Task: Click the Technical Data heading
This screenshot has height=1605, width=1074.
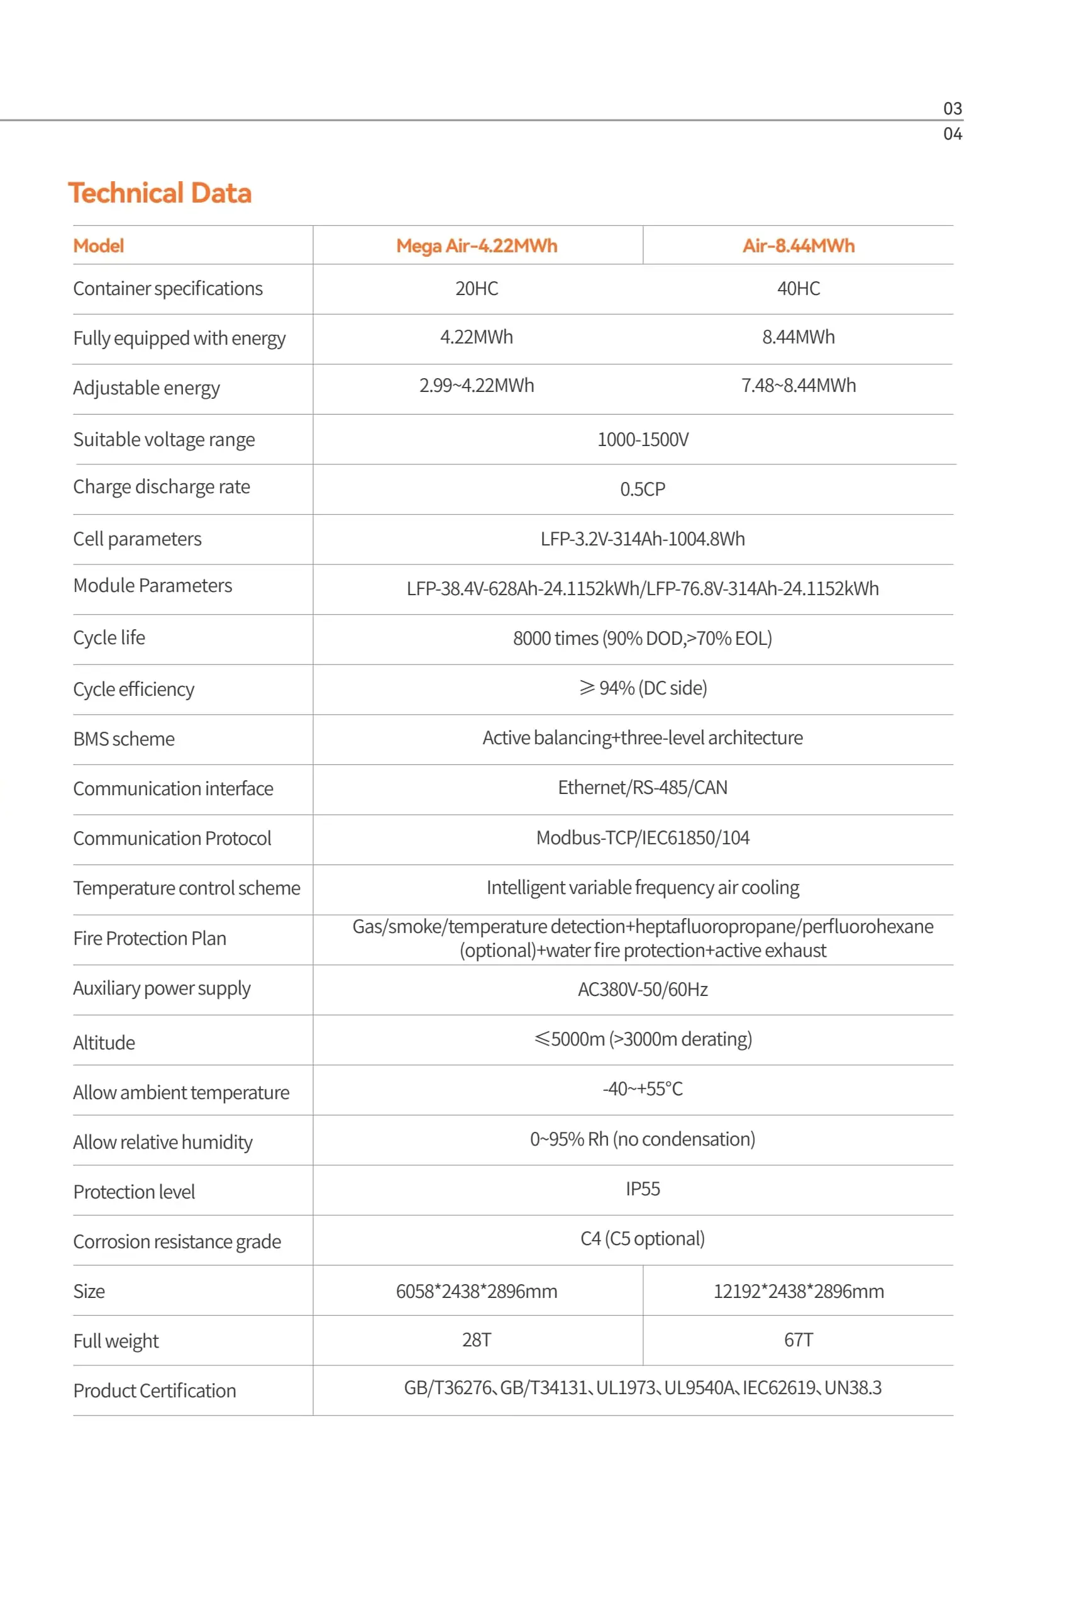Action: tap(160, 193)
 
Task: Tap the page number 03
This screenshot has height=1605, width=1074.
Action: tap(952, 109)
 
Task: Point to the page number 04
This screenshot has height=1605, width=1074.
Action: tap(952, 134)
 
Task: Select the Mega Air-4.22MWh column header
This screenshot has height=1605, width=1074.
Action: tap(477, 246)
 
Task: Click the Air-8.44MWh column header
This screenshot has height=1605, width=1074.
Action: tap(798, 246)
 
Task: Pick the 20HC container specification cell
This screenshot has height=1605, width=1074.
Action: tap(477, 289)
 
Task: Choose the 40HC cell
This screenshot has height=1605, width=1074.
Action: tap(798, 289)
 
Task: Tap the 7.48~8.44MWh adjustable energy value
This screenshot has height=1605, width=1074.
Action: tap(798, 386)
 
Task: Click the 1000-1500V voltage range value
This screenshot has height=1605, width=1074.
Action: tap(643, 439)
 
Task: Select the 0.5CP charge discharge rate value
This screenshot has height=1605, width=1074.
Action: tap(643, 489)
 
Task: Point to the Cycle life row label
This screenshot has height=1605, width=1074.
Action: tap(109, 638)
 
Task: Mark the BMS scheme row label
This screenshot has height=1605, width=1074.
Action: tap(124, 739)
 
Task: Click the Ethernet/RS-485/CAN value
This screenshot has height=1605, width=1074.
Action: tap(643, 788)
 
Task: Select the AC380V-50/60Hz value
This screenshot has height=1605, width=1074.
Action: tap(643, 990)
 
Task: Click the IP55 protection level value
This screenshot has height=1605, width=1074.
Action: tap(643, 1189)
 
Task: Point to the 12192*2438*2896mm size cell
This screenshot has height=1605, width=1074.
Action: tap(798, 1291)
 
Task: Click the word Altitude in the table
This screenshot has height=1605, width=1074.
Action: tap(104, 1043)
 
